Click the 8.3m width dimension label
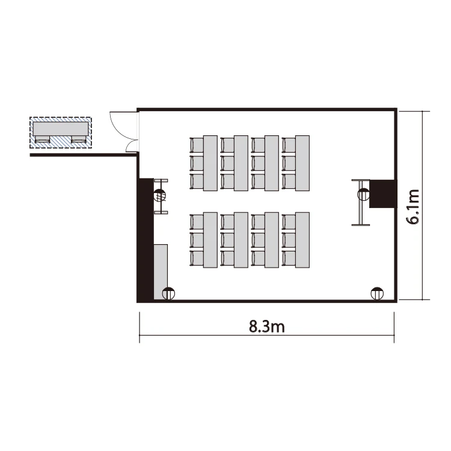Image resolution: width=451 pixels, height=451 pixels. pos(266,327)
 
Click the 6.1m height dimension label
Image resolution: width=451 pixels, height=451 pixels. pos(413,207)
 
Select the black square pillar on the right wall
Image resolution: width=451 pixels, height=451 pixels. pos(383,194)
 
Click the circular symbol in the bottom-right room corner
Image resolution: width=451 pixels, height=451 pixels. pos(377,293)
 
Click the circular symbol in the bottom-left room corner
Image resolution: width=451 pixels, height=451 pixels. pos(168,293)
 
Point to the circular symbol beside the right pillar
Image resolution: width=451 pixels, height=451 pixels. pos(363,194)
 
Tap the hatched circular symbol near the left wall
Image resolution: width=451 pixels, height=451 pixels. pos(160,196)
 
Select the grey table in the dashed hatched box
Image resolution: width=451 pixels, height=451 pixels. pos(61,129)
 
